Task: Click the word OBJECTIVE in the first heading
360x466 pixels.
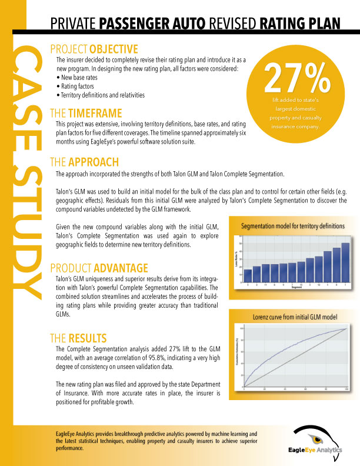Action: [x=109, y=49]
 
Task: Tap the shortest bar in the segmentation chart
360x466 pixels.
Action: [x=248, y=275]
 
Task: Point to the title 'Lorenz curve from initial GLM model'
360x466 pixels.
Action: [x=295, y=317]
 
